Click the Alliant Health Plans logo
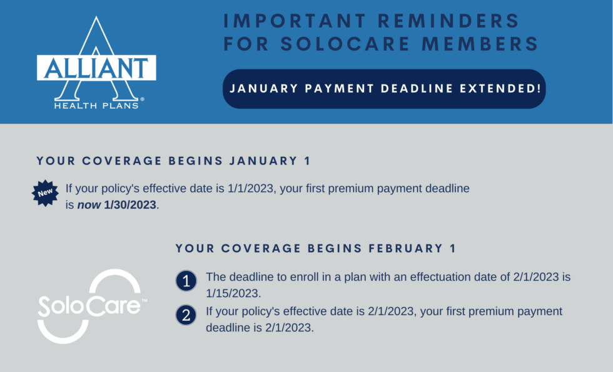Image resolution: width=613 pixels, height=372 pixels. point(96,63)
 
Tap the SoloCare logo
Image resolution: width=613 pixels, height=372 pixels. point(93,306)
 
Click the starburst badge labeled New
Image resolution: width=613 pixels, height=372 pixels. point(45,193)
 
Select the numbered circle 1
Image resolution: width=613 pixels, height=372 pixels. point(186,281)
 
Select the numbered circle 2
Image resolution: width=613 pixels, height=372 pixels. point(186,315)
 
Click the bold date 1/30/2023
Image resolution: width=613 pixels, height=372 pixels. point(130,205)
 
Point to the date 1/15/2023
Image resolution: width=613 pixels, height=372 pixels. point(233,293)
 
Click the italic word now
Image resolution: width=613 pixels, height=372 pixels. point(89,205)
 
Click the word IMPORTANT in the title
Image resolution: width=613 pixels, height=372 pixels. point(295,21)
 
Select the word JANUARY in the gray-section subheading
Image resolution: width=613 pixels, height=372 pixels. point(263,161)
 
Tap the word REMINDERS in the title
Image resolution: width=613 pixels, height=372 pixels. point(449,21)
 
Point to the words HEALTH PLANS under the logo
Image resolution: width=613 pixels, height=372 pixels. point(96,106)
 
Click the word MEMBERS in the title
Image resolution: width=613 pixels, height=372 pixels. point(480,43)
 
